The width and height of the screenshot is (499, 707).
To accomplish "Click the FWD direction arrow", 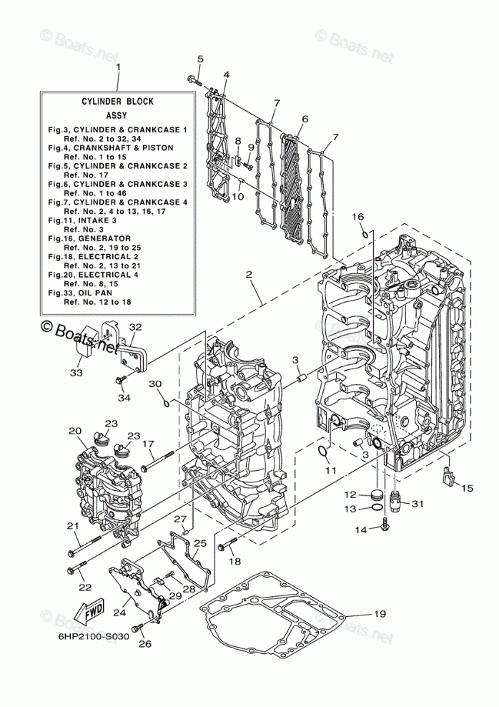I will pos(89,614).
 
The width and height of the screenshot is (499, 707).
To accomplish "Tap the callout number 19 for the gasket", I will pos(379,613).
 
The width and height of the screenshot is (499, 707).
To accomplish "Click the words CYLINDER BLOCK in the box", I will pos(117,102).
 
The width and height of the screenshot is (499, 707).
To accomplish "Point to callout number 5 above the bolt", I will pos(200,59).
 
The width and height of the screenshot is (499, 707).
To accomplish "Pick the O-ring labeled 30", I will pos(167,402).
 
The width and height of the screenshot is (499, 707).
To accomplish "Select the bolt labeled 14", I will pos(385,527).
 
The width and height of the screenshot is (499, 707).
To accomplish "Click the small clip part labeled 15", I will pos(448,476).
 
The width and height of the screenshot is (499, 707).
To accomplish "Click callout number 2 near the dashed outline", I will pos(248,274).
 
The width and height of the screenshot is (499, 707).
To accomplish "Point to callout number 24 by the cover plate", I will pos(119,612).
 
